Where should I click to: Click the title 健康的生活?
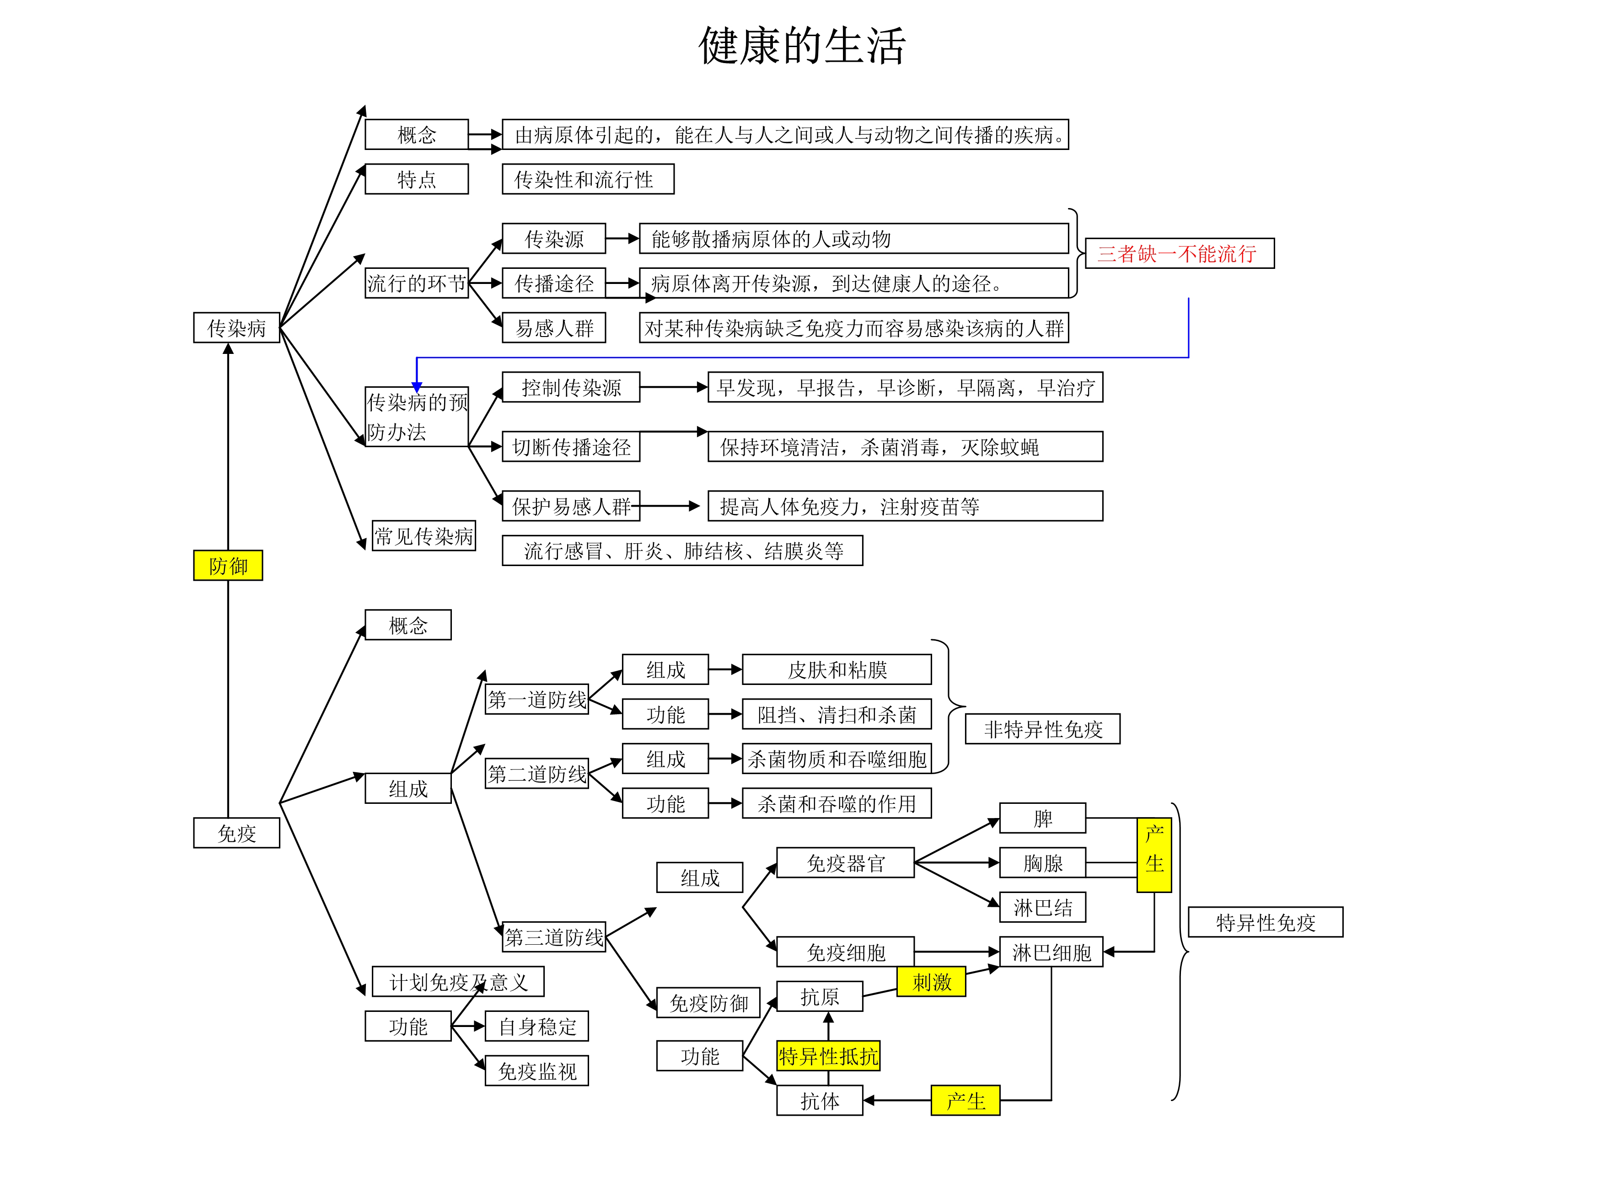pyautogui.click(x=802, y=47)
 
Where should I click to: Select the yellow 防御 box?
pyautogui.click(x=228, y=565)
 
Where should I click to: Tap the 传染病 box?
pyautogui.click(x=236, y=328)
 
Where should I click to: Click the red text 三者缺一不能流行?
pyautogui.click(x=1179, y=253)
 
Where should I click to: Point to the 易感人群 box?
pyautogui.click(x=553, y=328)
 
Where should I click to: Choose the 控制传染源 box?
pyautogui.click(x=570, y=387)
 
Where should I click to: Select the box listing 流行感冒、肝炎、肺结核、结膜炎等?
pyautogui.click(x=682, y=550)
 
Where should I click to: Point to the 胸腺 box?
pyautogui.click(x=1042, y=863)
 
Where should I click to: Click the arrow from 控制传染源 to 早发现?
pyautogui.click(x=673, y=387)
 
